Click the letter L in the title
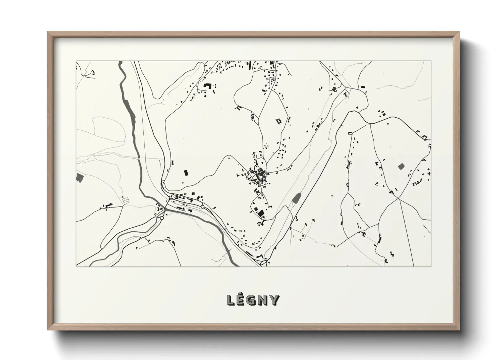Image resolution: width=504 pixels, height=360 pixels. click(231, 300)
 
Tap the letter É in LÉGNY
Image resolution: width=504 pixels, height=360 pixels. click(241, 300)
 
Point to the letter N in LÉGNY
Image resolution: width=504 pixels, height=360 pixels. click(264, 300)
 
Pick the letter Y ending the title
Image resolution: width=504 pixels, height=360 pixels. click(274, 300)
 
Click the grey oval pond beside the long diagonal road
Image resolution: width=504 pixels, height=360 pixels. click(296, 197)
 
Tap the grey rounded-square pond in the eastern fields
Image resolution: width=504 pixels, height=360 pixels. click(400, 166)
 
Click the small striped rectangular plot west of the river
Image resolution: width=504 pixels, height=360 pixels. click(126, 201)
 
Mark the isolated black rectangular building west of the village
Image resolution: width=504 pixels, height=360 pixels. click(186, 173)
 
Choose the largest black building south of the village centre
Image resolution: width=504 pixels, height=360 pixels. click(261, 213)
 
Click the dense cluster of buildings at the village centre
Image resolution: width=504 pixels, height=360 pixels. click(258, 175)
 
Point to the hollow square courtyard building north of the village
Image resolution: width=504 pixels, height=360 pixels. click(279, 121)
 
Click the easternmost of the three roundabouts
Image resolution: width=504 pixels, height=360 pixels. click(202, 207)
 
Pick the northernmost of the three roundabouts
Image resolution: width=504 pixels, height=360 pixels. click(170, 197)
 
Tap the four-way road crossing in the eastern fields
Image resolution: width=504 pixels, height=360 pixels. click(398, 199)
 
